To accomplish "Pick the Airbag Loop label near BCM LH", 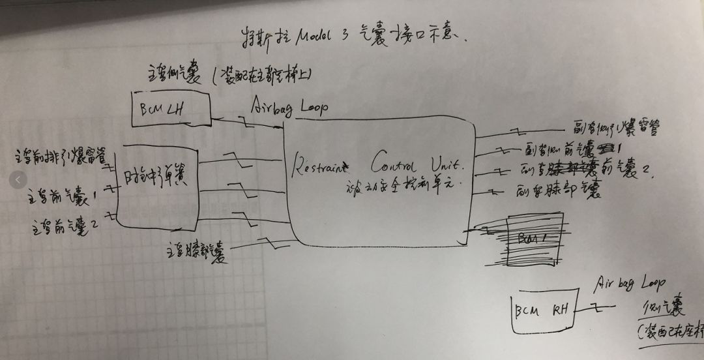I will pyautogui.click(x=288, y=106).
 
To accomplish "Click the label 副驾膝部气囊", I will pyautogui.click(x=557, y=191).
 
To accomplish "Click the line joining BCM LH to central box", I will pyautogui.click(x=248, y=123).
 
